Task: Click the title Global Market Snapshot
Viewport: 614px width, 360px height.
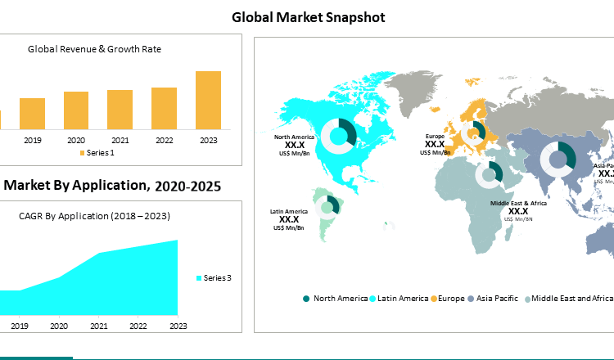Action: click(308, 16)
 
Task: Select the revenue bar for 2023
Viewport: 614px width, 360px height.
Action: click(208, 100)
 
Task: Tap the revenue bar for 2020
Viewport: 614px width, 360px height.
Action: click(76, 110)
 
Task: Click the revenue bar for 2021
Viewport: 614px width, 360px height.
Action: click(120, 110)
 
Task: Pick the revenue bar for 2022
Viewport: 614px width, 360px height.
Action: click(164, 108)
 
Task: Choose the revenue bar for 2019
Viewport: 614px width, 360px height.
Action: click(32, 114)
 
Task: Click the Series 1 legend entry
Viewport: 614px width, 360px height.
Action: click(97, 153)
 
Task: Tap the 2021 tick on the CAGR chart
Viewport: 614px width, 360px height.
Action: click(99, 326)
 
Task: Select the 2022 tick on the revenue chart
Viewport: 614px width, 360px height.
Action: click(164, 140)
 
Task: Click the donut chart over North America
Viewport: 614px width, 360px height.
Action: click(337, 135)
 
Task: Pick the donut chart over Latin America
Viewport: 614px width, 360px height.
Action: click(327, 205)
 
